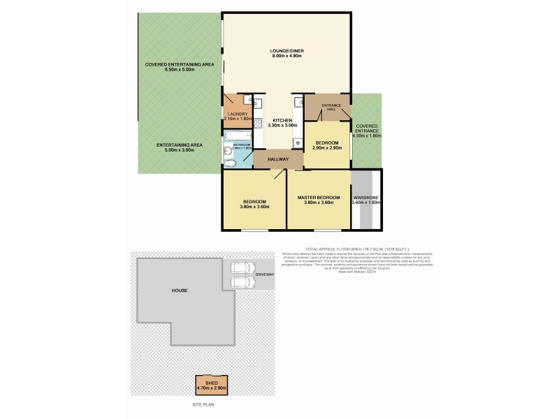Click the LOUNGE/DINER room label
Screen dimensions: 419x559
(x=287, y=51)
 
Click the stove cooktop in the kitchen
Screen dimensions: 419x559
(x=258, y=124)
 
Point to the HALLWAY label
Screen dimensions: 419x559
(x=277, y=159)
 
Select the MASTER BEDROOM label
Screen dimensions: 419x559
(x=319, y=198)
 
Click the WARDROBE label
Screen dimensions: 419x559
(x=365, y=198)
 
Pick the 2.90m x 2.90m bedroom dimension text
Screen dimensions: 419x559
(x=327, y=148)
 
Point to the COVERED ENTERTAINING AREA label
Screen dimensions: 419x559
(x=179, y=64)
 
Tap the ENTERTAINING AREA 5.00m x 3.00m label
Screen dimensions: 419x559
(x=179, y=145)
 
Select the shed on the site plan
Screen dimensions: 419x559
(x=211, y=384)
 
